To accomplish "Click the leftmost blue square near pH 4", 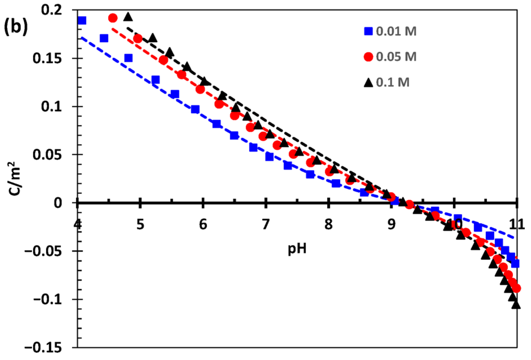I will point(82,21).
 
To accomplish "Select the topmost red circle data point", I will point(113,18).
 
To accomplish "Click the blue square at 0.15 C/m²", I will point(128,58).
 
